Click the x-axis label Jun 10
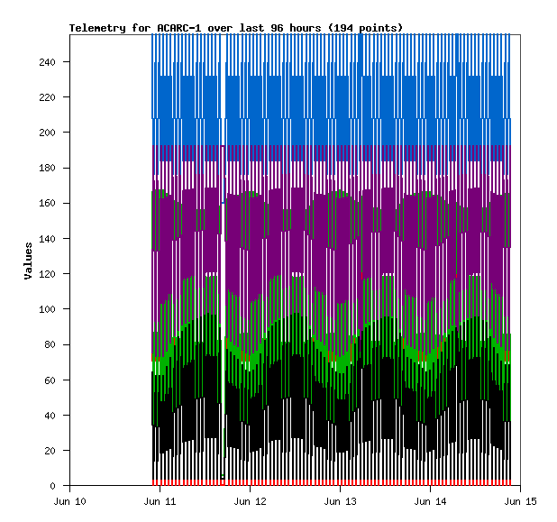(x=70, y=500)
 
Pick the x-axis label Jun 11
(x=160, y=500)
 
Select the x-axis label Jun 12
(x=250, y=500)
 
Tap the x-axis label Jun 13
(x=339, y=500)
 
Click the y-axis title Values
(x=28, y=261)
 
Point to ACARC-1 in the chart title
(x=180, y=28)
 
